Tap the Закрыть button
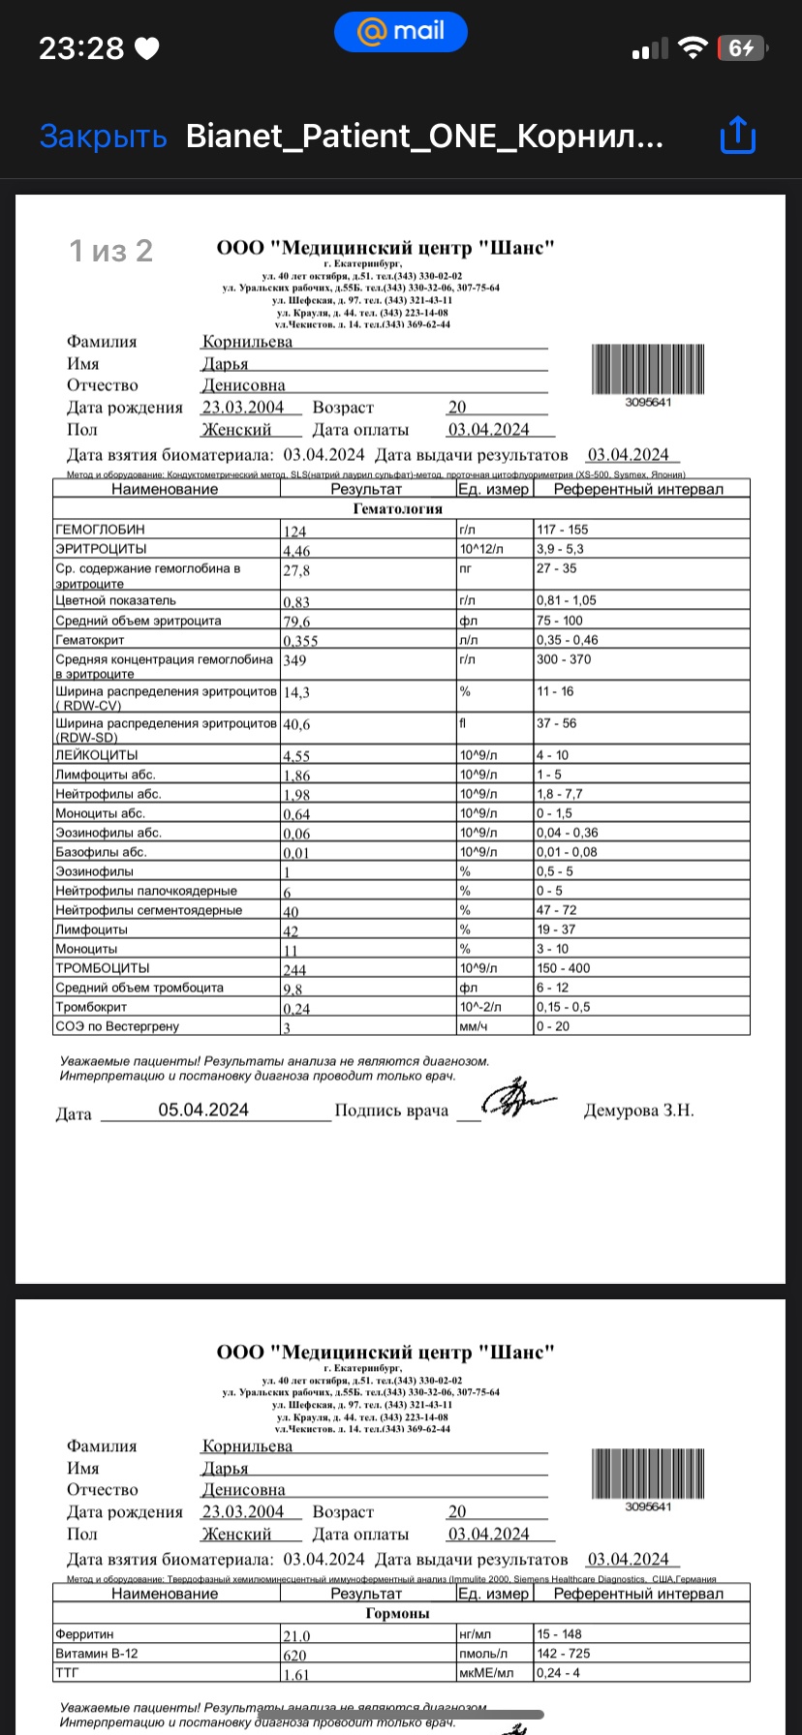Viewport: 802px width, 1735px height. pos(103,137)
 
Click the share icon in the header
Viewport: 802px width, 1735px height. pos(738,136)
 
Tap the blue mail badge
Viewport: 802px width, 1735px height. pos(401,32)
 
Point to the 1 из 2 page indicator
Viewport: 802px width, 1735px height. pos(110,252)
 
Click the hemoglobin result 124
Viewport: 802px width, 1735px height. pos(294,532)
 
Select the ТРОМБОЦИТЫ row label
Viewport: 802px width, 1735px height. pos(102,968)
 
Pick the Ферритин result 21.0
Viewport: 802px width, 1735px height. pos(296,1636)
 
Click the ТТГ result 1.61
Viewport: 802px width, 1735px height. pos(295,1675)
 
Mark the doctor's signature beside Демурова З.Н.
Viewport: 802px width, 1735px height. pos(518,1102)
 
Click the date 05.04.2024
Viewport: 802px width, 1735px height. pos(203,1111)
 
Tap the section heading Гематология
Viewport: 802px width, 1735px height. pos(397,509)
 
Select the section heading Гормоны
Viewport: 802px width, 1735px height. pos(397,1614)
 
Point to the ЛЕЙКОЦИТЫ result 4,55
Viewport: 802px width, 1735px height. pos(296,757)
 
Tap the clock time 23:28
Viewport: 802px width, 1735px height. pos(81,48)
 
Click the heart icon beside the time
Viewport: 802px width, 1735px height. pos(147,48)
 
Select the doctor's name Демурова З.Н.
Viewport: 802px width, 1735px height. pos(638,1111)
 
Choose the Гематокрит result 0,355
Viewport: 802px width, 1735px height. pos(300,641)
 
